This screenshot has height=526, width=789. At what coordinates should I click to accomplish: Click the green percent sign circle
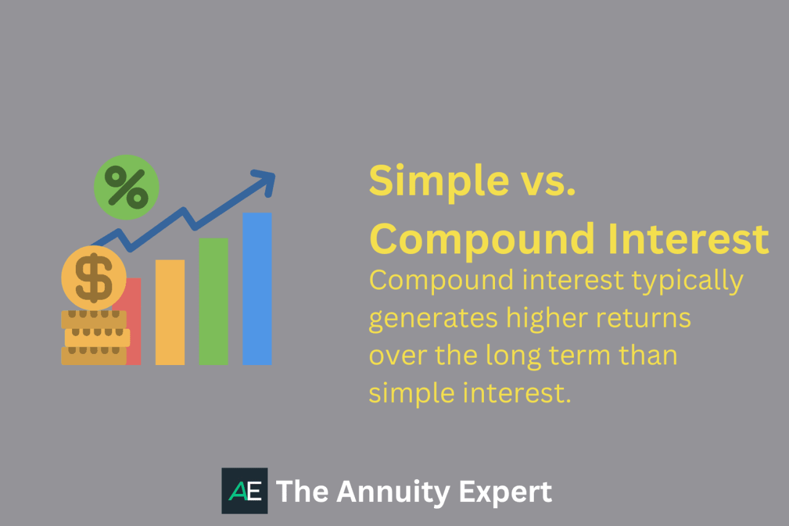pyautogui.click(x=126, y=187)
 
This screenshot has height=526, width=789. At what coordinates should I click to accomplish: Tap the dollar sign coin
pyautogui.click(x=94, y=277)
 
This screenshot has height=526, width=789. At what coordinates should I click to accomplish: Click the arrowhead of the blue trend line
pyautogui.click(x=266, y=180)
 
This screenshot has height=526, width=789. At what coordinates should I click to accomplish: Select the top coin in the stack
pyautogui.click(x=94, y=319)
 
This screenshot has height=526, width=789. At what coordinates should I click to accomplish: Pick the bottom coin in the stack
pyautogui.click(x=94, y=356)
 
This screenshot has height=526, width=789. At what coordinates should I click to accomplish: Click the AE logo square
pyautogui.click(x=245, y=491)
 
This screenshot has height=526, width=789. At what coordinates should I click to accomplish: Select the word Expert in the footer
pyautogui.click(x=507, y=492)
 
